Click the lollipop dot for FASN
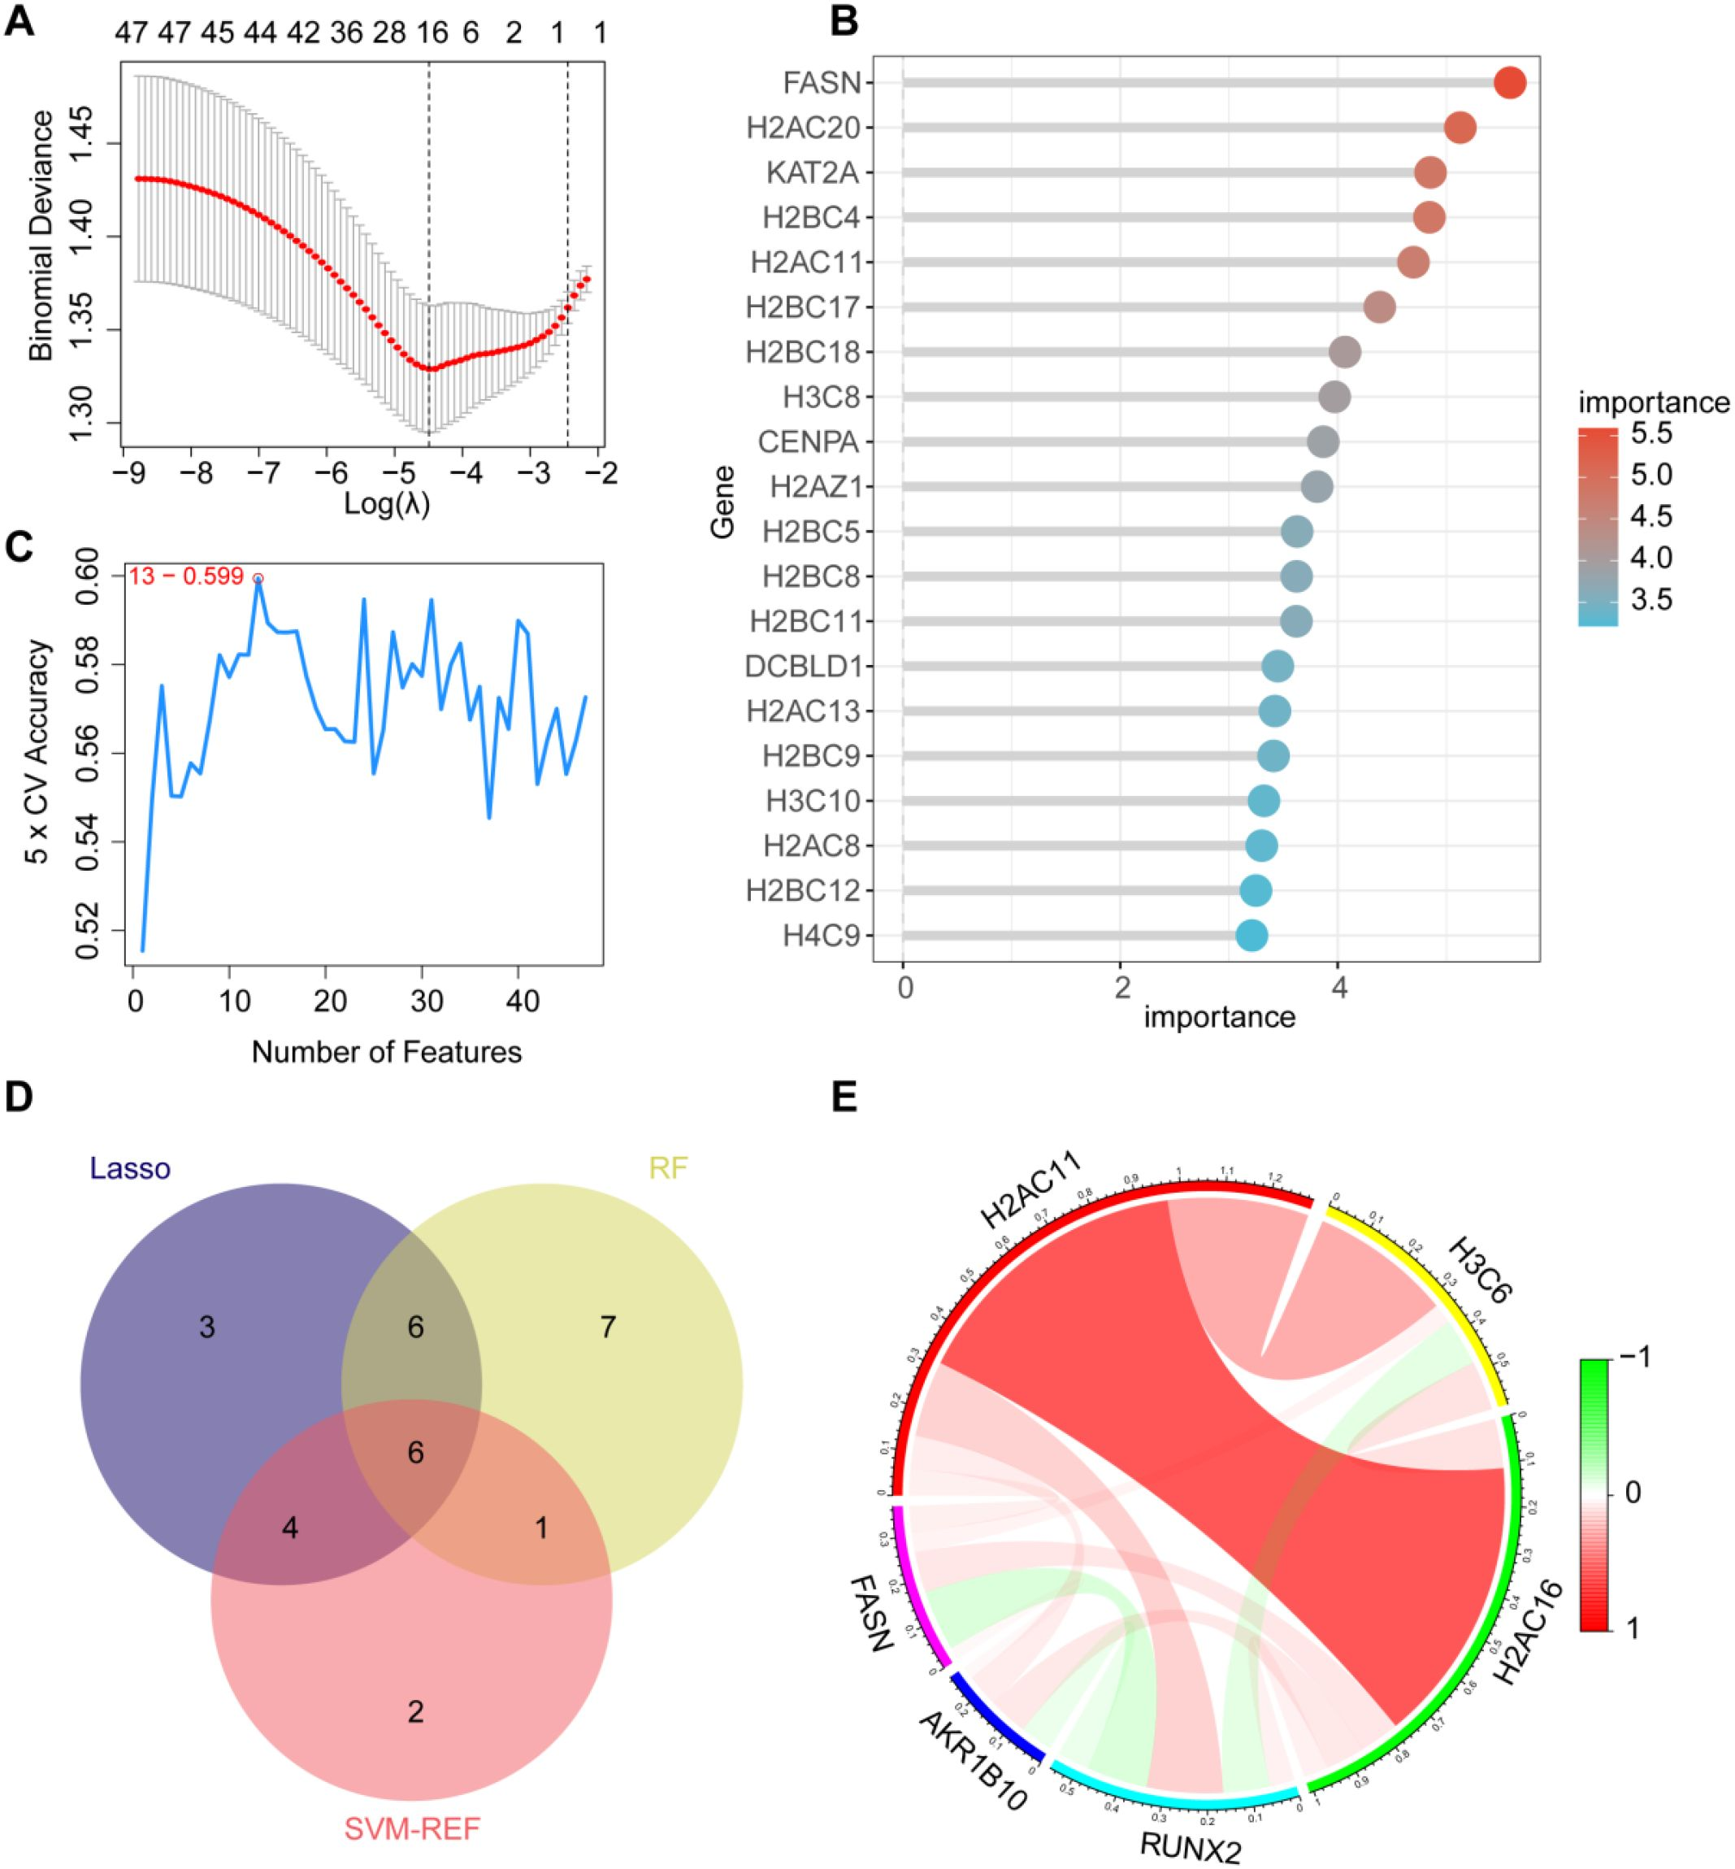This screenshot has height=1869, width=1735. [1510, 83]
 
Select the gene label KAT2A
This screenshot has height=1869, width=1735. [813, 173]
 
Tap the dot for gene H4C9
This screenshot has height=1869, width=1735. [1251, 936]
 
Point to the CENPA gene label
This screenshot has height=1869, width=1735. [809, 441]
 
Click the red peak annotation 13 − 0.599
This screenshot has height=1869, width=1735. [187, 576]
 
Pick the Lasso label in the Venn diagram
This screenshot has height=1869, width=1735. [131, 1169]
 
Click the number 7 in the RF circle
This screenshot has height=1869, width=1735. [607, 1327]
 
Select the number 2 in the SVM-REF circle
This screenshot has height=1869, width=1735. [415, 1711]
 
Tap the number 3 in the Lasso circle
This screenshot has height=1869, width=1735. [206, 1327]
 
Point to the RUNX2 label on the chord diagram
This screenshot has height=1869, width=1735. [1191, 1846]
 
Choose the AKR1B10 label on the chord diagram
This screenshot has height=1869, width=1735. [973, 1759]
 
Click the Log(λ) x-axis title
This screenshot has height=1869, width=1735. [387, 504]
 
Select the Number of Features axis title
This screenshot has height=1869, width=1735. [387, 1051]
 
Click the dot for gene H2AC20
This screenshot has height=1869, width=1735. [1460, 128]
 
